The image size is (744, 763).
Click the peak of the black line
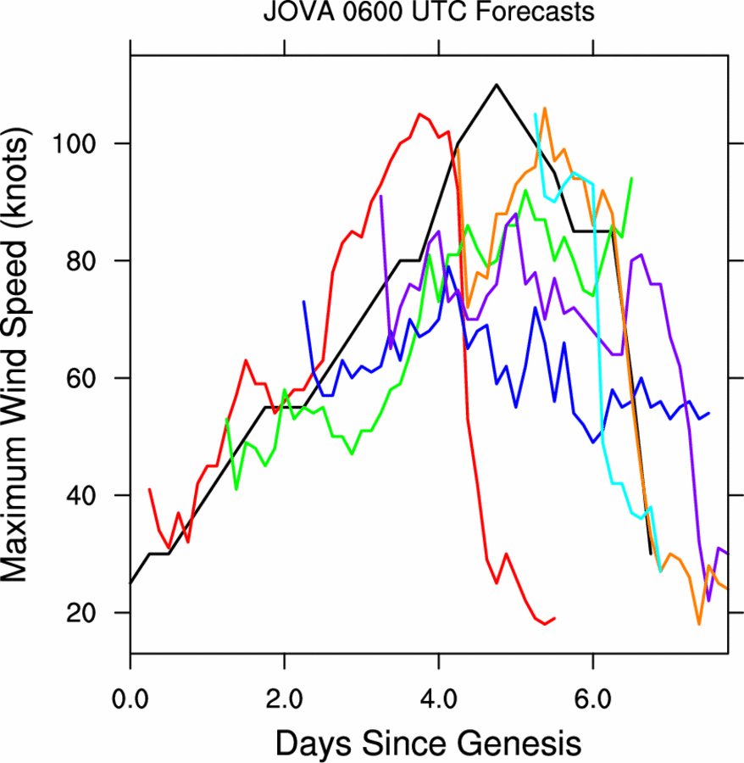click(497, 85)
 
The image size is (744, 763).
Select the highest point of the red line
click(419, 114)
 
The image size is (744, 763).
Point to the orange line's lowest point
click(699, 624)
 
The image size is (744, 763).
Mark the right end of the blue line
click(708, 413)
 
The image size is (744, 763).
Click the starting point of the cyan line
click(535, 114)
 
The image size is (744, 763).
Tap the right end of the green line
click(631, 179)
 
